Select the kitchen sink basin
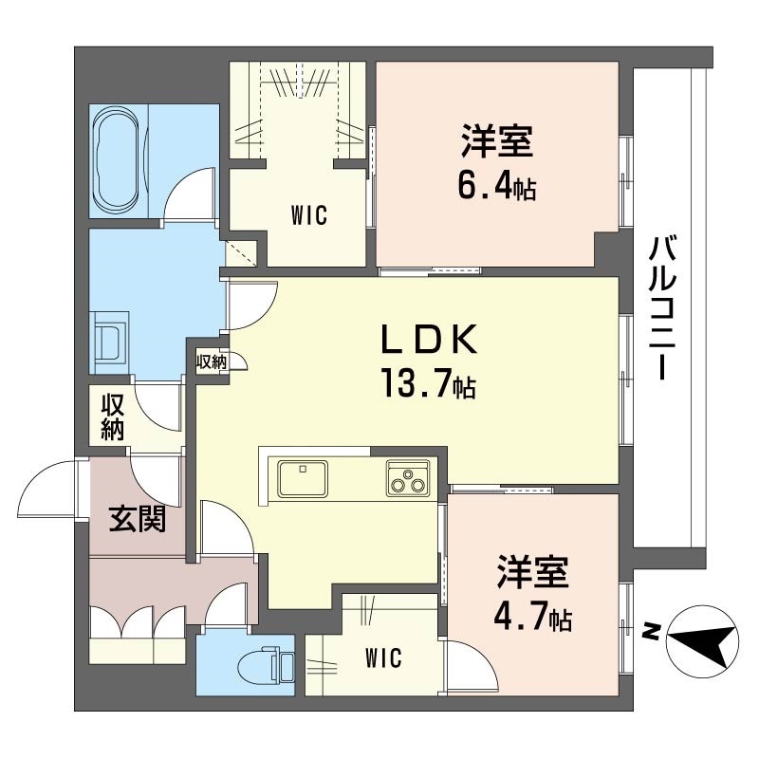click(303, 478)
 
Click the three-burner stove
click(408, 478)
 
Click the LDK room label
click(430, 339)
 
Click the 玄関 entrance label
click(138, 519)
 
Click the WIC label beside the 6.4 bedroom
click(309, 215)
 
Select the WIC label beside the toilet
click(383, 657)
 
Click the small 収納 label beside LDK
click(211, 361)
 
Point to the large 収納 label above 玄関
click(113, 417)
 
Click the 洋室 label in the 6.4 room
click(497, 141)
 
